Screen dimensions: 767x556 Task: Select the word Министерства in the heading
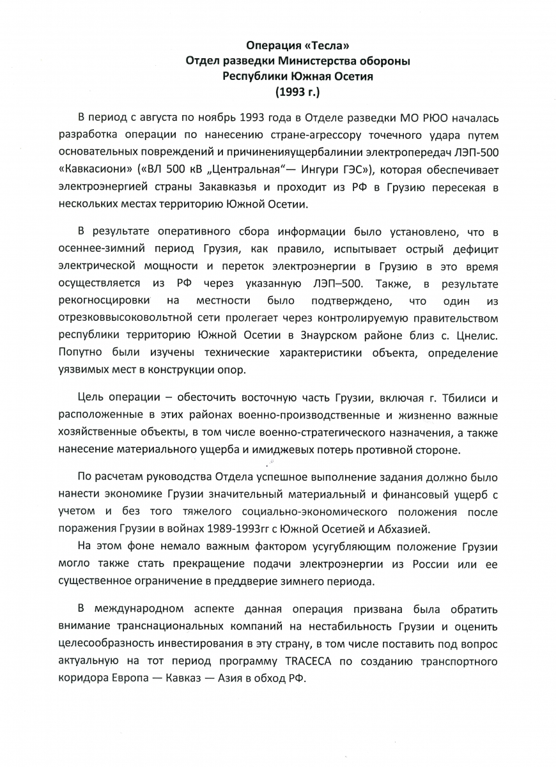coord(315,61)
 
